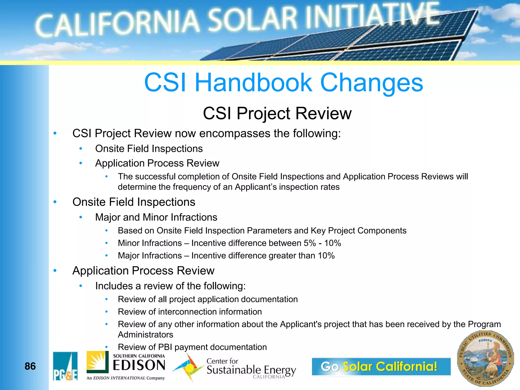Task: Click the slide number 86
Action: (30, 366)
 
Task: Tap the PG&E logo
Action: (65, 366)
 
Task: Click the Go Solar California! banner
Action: (381, 366)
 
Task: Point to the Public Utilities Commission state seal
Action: (485, 358)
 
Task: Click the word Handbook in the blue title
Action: (253, 83)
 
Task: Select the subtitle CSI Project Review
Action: (277, 113)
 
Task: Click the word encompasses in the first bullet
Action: (235, 134)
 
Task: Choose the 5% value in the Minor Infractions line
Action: (310, 243)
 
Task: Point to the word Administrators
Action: (145, 335)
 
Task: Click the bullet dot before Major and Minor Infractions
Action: (81, 217)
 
